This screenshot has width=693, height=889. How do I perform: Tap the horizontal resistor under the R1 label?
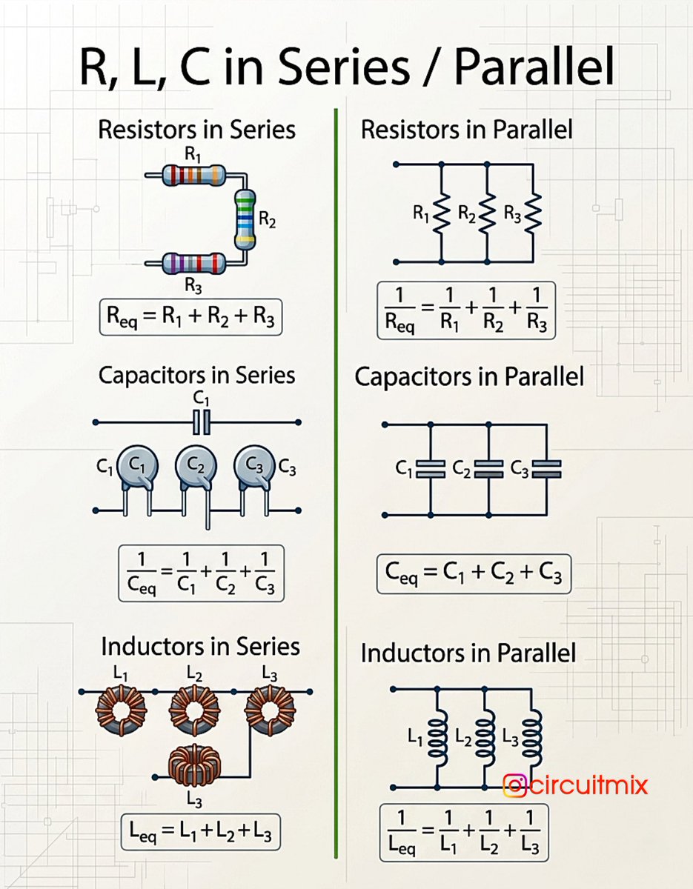pyautogui.click(x=193, y=175)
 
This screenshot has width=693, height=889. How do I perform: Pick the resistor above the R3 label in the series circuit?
pyautogui.click(x=193, y=263)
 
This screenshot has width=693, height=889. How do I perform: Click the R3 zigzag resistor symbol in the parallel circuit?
pyautogui.click(x=533, y=213)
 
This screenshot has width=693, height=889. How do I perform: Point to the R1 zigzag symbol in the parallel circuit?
pyautogui.click(x=441, y=213)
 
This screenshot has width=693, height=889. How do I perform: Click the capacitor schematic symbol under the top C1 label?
pyautogui.click(x=201, y=422)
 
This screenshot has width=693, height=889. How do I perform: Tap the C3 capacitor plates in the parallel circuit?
pyautogui.click(x=546, y=469)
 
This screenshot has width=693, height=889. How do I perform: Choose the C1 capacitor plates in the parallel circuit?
pyautogui.click(x=431, y=469)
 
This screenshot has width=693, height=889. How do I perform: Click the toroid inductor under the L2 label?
pyautogui.click(x=194, y=710)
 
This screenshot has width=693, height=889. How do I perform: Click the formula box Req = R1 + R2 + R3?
pyautogui.click(x=190, y=317)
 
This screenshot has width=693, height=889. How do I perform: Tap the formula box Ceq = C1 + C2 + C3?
pyautogui.click(x=474, y=573)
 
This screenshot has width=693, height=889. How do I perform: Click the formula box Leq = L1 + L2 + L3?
pyautogui.click(x=201, y=832)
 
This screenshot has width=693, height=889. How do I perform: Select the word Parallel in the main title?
pyautogui.click(x=534, y=66)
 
